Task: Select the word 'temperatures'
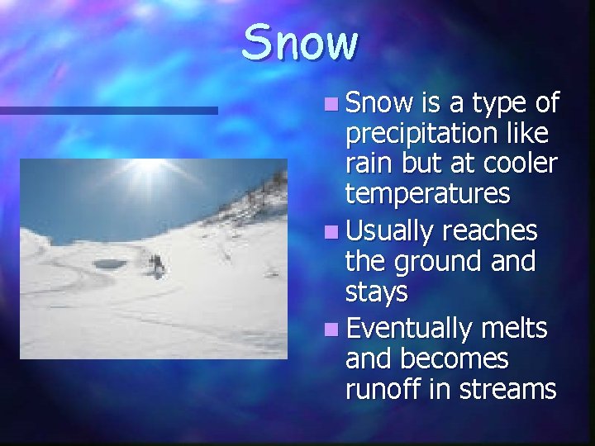(427, 195)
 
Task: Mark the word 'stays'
(376, 292)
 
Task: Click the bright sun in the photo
(147, 167)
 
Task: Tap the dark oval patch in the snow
(109, 264)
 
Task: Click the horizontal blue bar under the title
(107, 110)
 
